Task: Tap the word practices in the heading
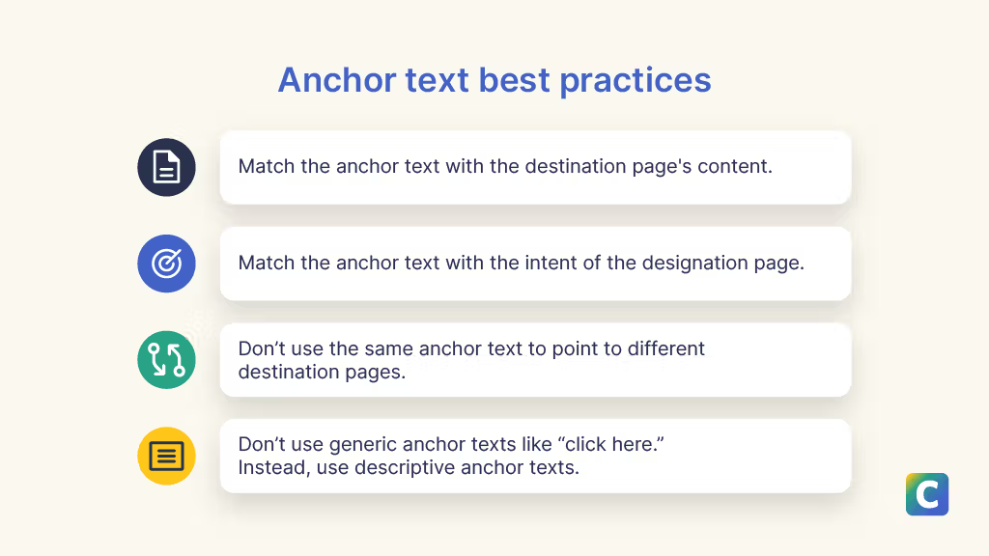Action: pos(636,81)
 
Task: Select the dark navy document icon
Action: pos(166,167)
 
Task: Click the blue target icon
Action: pos(166,264)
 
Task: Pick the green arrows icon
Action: pos(166,360)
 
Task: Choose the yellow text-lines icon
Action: pos(166,456)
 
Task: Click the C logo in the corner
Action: pos(927,494)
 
